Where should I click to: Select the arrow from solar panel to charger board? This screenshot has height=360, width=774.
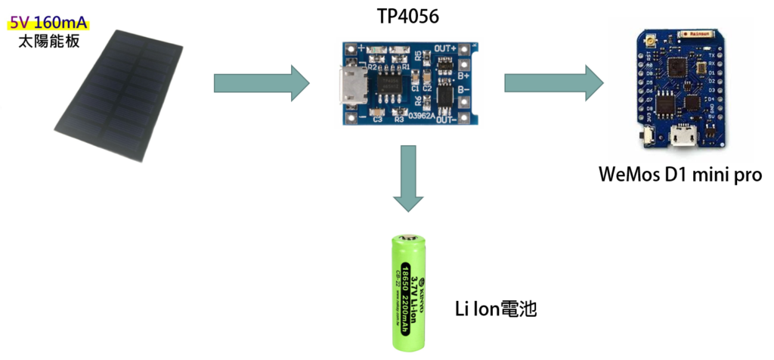click(262, 83)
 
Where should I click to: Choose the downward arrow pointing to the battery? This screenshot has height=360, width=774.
click(409, 178)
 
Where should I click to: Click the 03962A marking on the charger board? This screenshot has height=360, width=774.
click(420, 116)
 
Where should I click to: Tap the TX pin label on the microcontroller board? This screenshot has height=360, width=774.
click(711, 56)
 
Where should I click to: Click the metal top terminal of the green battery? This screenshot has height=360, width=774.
click(409, 237)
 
